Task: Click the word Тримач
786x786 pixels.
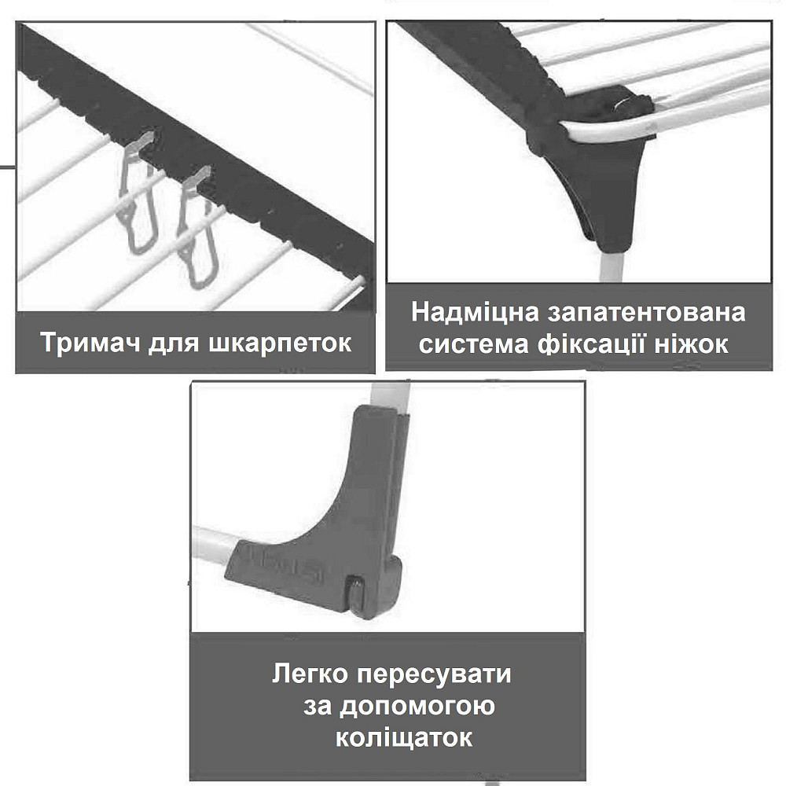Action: pos(90,343)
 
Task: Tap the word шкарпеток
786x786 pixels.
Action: pos(280,343)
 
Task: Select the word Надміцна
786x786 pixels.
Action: pos(476,312)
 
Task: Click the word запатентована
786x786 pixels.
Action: pos(647,312)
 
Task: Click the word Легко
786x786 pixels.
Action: pos(310,674)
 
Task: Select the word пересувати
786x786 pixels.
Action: pos(434,675)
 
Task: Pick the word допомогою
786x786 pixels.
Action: pos(417,707)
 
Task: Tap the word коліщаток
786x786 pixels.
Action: pos(403,738)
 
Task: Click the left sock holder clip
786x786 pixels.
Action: pos(138,193)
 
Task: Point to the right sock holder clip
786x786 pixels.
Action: pos(197,228)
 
